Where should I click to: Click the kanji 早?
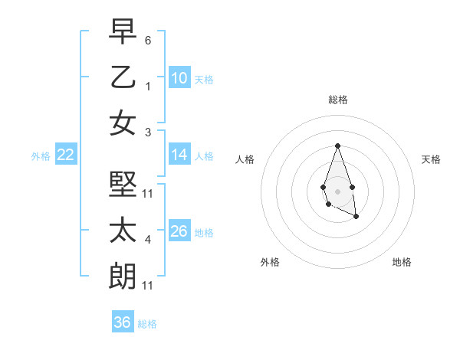(x=123, y=32)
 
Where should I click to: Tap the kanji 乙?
(x=123, y=77)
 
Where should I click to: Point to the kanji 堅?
(x=123, y=185)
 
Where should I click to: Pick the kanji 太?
(x=123, y=231)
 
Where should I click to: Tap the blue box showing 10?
(x=179, y=77)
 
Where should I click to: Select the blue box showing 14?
(x=179, y=155)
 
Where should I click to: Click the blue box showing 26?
(x=179, y=231)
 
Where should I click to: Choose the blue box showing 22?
(x=66, y=155)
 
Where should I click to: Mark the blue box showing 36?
(x=123, y=322)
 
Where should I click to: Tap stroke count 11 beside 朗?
(x=148, y=286)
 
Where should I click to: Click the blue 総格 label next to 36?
(x=147, y=324)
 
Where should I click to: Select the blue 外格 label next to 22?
(x=41, y=156)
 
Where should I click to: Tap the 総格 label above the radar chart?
(x=337, y=100)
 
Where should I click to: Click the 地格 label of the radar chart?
(x=402, y=262)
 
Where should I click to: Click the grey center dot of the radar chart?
(x=337, y=190)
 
